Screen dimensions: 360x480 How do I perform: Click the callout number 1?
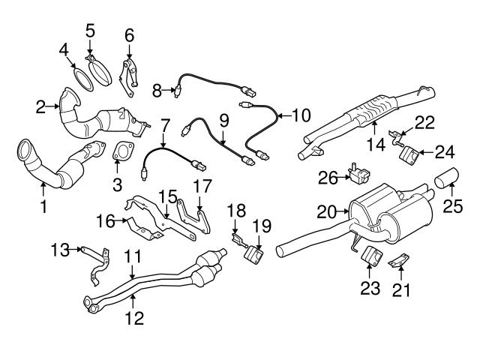(x=43, y=204)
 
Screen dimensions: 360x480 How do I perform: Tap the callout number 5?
(x=90, y=31)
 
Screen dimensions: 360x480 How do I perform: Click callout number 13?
(x=60, y=248)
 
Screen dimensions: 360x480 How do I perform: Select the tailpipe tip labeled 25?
(x=448, y=179)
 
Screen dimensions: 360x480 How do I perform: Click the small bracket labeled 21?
(x=400, y=259)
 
